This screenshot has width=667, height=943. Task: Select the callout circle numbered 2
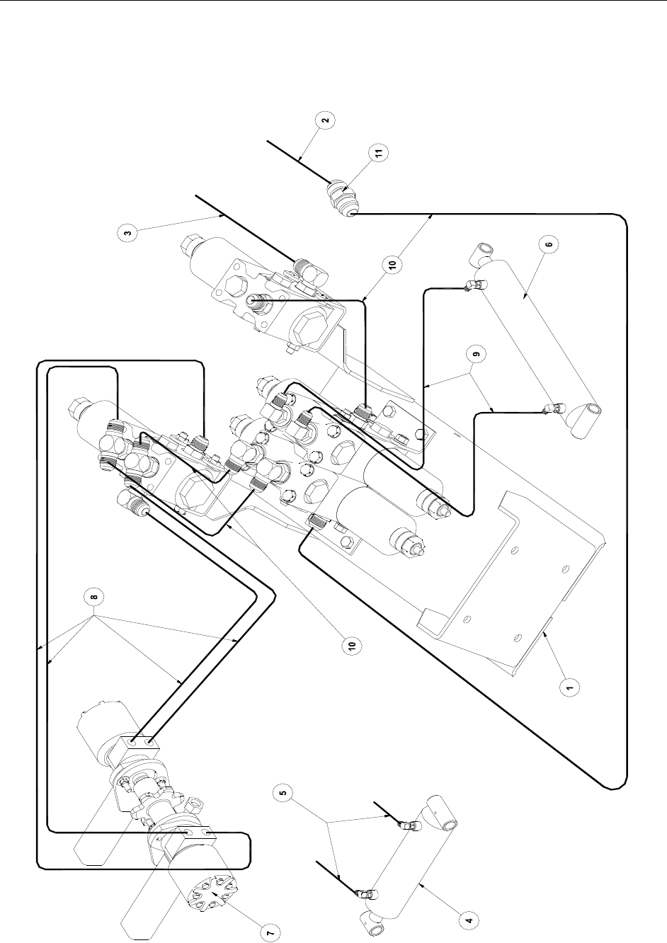coord(326,120)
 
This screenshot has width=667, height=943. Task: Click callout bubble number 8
coord(94,596)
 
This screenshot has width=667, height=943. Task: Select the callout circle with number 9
coord(476,354)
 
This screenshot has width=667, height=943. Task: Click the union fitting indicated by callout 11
coord(342,197)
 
